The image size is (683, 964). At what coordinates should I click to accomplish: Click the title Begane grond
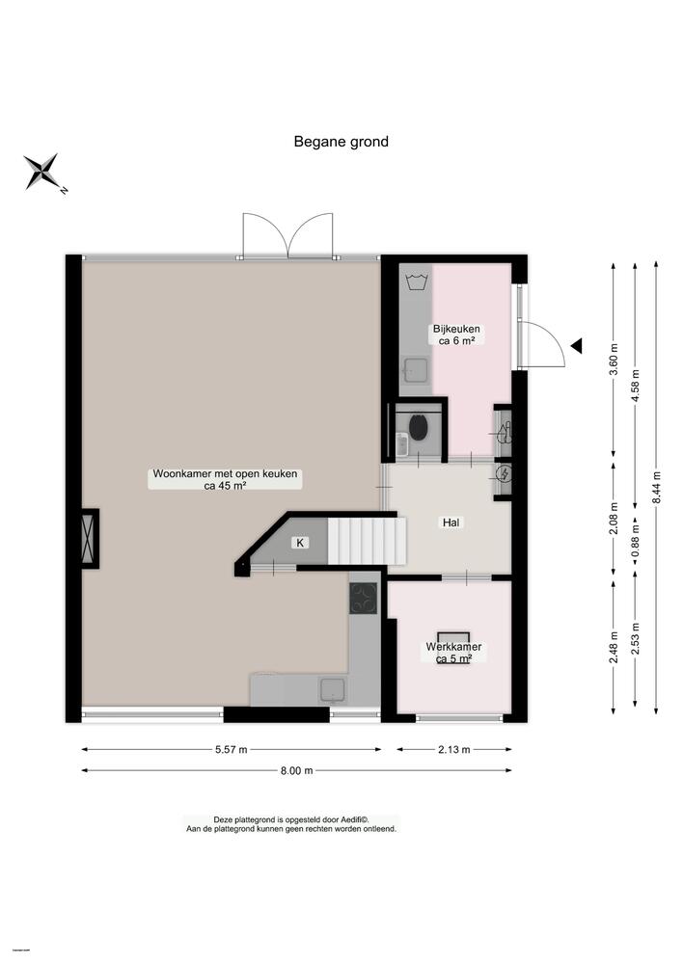[341, 142]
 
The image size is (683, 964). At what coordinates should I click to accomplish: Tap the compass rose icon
[42, 172]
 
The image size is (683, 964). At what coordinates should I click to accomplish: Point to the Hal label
[450, 522]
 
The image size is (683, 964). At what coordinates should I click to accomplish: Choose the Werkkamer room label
[453, 653]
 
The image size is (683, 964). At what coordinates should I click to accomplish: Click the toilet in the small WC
[419, 427]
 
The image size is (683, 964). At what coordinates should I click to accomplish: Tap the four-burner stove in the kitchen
[364, 599]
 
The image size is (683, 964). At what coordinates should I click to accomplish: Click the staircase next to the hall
[363, 540]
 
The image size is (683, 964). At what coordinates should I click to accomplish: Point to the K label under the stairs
[300, 544]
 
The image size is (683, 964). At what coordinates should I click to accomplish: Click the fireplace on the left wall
[90, 537]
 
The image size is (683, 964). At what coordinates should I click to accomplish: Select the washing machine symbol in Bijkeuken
[417, 282]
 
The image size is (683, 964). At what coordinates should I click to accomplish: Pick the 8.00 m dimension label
[296, 770]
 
